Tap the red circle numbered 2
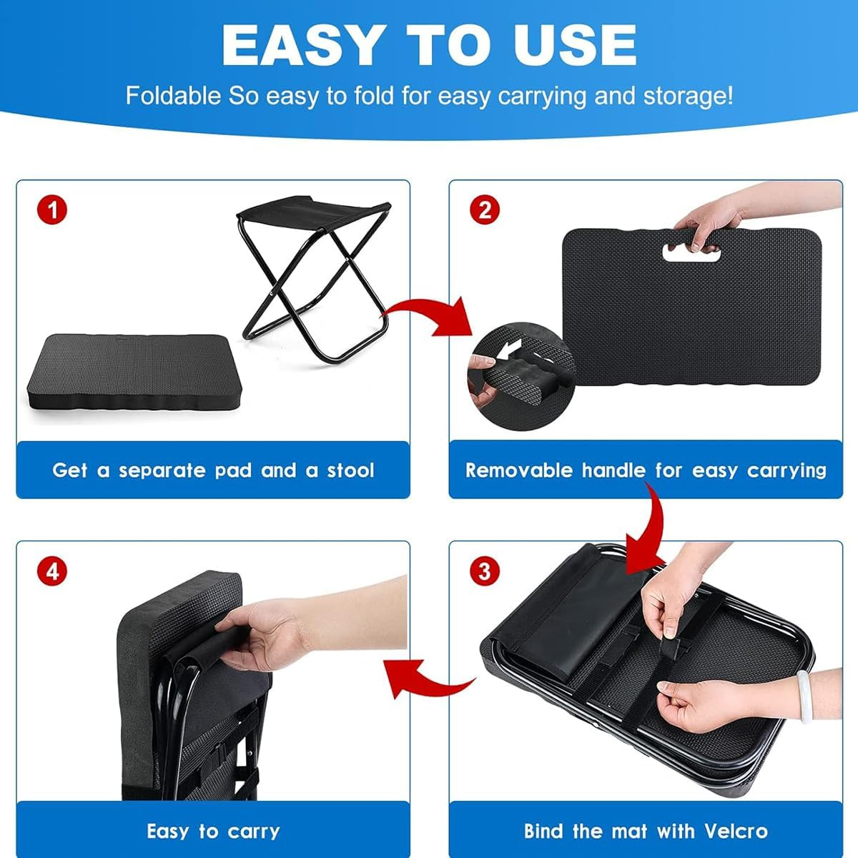click(x=485, y=211)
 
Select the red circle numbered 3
click(x=485, y=572)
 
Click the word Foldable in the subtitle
click(x=173, y=96)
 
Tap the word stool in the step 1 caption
click(x=350, y=470)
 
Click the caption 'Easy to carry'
click(x=213, y=832)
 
